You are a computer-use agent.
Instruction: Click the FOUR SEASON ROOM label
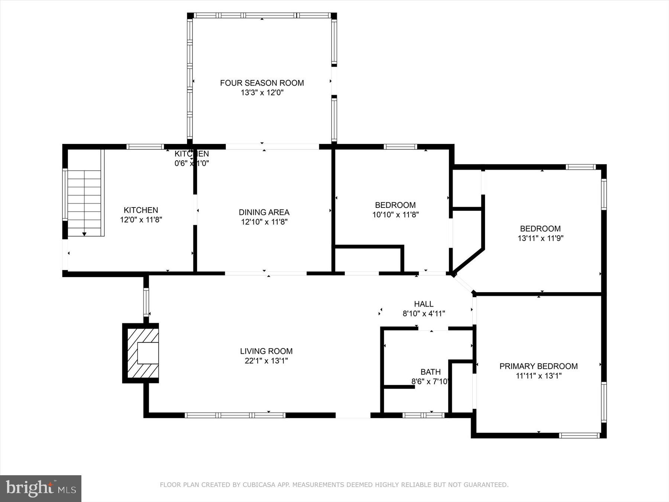click(262, 83)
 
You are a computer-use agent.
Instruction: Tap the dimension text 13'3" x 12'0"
click(262, 93)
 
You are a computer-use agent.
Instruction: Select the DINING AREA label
click(264, 212)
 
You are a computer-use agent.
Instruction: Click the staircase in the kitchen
click(85, 203)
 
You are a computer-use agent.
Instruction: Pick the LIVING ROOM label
click(266, 351)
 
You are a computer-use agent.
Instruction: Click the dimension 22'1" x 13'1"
click(266, 361)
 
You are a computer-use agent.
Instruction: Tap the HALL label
click(424, 304)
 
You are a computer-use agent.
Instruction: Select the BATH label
click(430, 372)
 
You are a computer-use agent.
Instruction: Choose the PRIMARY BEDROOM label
click(538, 366)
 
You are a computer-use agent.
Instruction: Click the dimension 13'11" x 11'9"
click(540, 238)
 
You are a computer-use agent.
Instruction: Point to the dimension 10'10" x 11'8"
click(395, 215)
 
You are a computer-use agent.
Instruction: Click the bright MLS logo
click(41, 488)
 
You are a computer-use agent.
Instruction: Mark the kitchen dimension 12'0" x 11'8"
click(141, 220)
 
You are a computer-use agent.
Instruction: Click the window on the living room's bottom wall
click(235, 415)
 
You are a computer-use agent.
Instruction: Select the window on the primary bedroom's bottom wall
click(579, 435)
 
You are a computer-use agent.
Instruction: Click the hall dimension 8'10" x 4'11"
click(424, 313)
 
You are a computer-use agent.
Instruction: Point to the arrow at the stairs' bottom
click(84, 234)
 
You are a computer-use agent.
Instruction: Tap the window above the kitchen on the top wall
click(145, 147)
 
